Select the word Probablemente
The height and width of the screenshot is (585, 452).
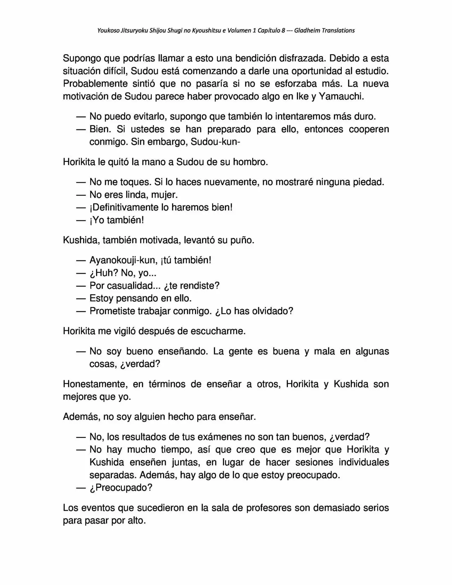point(95,84)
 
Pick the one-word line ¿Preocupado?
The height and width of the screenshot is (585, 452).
point(121,488)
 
